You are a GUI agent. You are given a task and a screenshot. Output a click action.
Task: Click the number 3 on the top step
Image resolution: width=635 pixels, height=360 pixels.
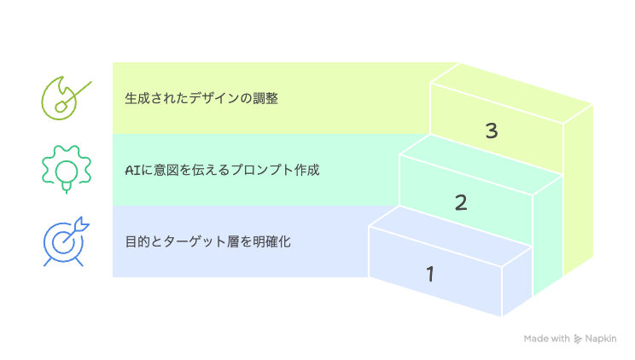point(491,131)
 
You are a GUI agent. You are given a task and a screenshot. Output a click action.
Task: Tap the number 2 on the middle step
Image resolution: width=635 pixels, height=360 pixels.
point(461,202)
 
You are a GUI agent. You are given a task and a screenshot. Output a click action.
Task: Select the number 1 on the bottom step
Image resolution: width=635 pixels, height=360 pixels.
point(430,274)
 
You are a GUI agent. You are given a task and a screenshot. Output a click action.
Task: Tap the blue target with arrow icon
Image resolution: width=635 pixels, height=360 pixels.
point(65,241)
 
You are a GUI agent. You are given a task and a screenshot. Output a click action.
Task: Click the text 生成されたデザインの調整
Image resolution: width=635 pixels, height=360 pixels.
point(201,98)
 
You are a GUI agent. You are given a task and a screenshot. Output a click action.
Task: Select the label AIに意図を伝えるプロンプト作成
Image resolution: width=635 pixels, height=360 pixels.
point(222,170)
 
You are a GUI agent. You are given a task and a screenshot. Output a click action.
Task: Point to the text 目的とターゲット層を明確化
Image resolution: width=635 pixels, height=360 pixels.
point(207,241)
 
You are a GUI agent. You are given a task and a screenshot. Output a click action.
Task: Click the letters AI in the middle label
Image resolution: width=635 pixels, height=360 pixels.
point(132,170)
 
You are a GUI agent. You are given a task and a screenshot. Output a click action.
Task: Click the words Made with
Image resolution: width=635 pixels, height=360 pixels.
point(546,339)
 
